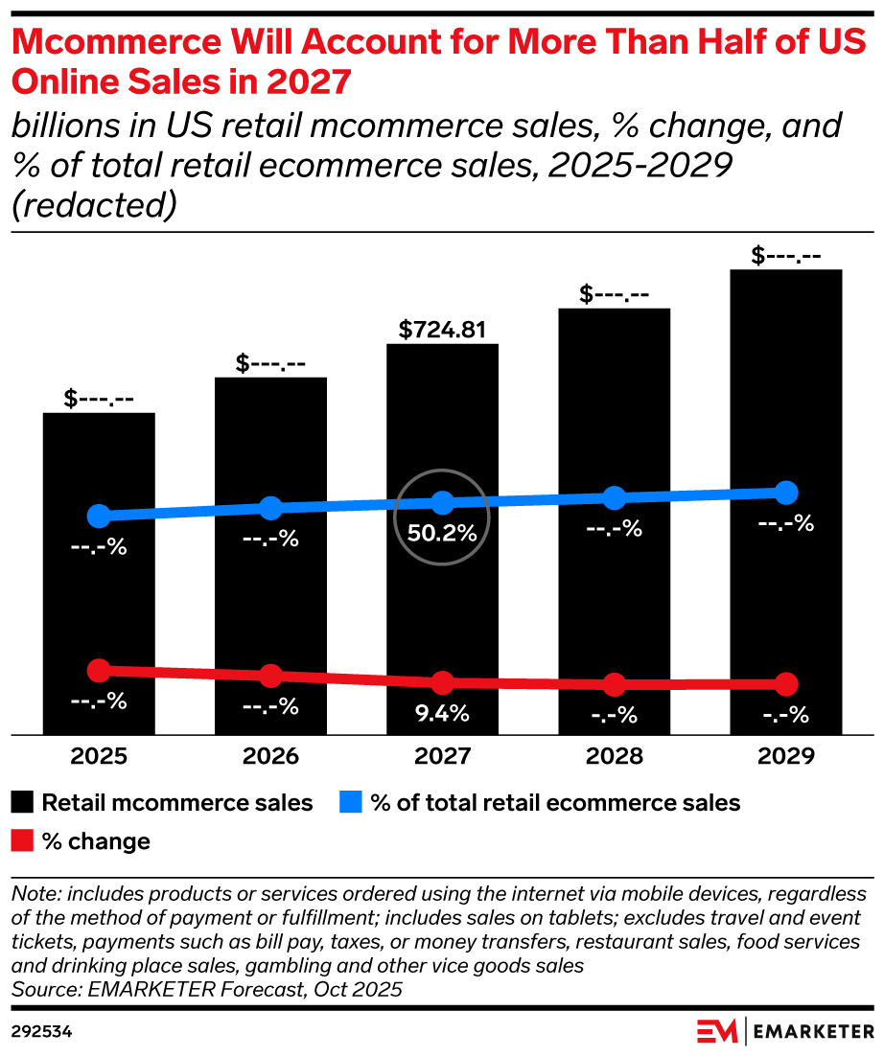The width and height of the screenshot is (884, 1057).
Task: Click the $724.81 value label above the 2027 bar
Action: pos(442,331)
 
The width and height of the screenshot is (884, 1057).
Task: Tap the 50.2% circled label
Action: pos(442,533)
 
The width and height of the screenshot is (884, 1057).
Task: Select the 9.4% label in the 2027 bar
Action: pos(442,713)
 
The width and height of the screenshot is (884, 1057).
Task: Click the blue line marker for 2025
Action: pos(99,516)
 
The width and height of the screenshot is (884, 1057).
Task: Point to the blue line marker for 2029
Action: pos(786,493)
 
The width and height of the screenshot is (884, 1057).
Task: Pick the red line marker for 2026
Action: pos(270,676)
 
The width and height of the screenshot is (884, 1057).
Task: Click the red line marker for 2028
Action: pos(615,684)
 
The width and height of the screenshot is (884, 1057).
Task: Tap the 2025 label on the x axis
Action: pos(99,756)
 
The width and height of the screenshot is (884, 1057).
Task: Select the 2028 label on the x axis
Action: pos(615,756)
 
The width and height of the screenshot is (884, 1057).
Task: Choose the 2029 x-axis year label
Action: pos(786,756)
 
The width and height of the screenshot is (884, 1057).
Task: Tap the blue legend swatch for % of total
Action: pos(351,802)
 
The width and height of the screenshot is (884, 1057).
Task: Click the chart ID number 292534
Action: pos(42,1032)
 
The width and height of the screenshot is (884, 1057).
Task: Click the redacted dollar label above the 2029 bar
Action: pos(786,256)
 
